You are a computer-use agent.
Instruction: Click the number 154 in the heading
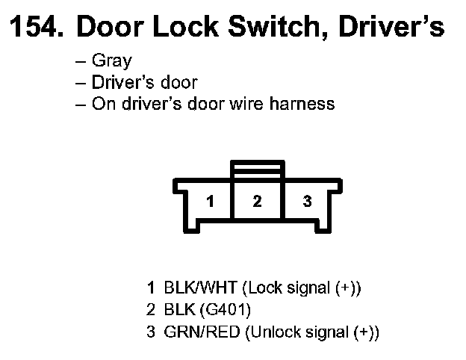[34, 28]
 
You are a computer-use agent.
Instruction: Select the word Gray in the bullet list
[111, 61]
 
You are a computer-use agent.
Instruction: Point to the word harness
[302, 104]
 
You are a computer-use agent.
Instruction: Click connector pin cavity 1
[211, 201]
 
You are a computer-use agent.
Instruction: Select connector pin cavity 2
[258, 201]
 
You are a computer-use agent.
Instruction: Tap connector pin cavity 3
[306, 201]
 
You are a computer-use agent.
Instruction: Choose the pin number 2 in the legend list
[151, 308]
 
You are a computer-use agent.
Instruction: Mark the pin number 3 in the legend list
[151, 330]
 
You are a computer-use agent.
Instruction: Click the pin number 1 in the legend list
[151, 288]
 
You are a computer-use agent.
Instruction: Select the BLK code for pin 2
[178, 308]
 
